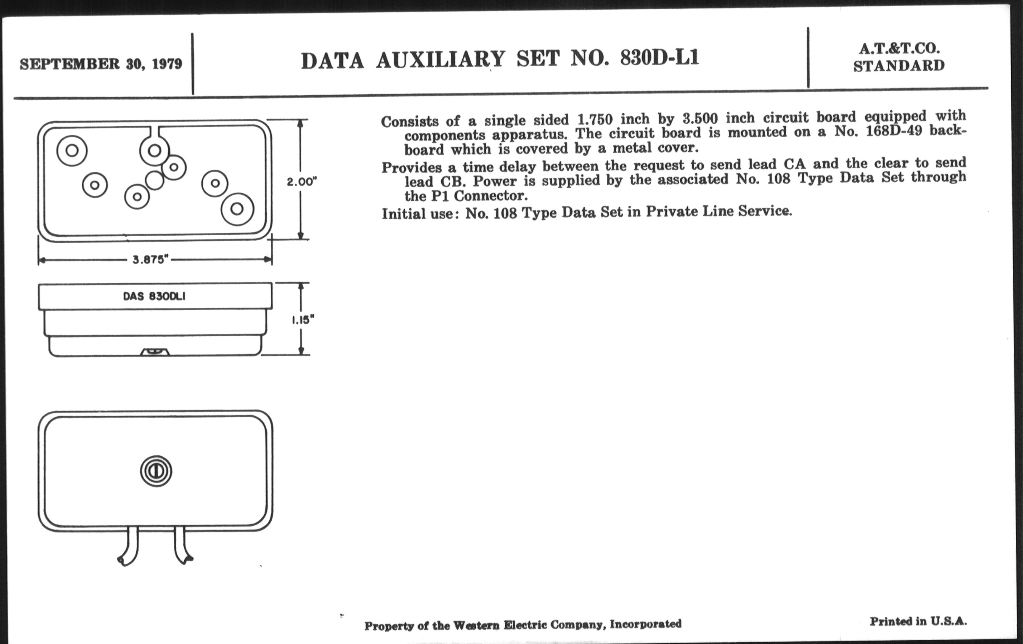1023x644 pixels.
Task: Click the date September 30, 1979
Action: tap(101, 64)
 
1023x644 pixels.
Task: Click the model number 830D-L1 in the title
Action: tap(659, 58)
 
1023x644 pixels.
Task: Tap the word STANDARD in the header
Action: tap(899, 66)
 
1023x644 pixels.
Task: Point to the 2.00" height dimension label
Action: tap(302, 181)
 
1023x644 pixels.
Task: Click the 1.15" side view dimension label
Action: tap(302, 319)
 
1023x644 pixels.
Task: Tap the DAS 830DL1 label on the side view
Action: tap(154, 296)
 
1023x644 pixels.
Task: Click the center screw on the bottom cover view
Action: tap(156, 471)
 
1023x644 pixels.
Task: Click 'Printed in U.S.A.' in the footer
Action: tap(918, 621)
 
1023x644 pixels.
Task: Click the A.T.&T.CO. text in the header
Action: tap(899, 48)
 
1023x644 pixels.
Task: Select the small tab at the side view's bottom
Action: tap(155, 351)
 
